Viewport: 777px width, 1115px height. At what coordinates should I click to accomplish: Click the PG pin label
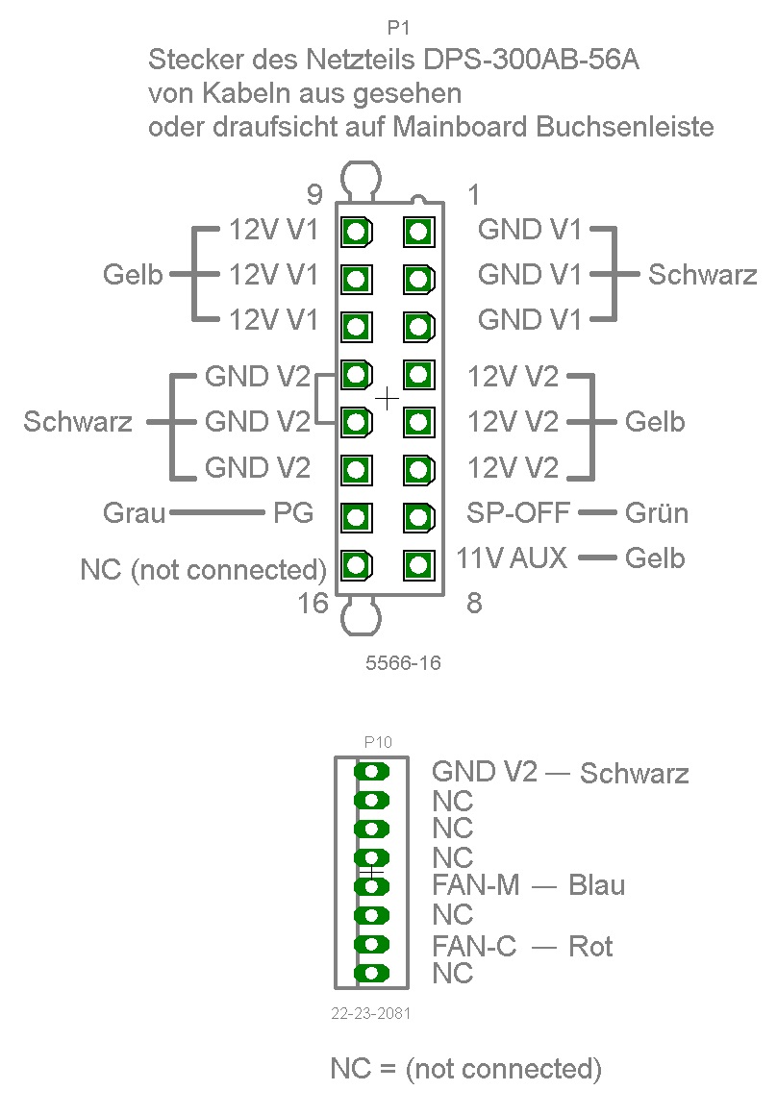293,513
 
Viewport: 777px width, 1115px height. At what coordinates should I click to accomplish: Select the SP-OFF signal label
518,512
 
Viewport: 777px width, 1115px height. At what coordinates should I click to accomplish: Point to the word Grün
657,513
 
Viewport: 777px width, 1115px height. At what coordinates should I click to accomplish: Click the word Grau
135,513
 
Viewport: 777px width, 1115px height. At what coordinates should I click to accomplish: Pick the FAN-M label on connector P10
476,884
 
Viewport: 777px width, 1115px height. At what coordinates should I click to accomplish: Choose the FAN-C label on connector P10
474,946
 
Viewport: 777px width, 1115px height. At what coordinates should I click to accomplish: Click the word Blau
596,884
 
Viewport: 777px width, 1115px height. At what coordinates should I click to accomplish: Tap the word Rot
590,946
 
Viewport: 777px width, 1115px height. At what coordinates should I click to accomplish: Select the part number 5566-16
403,662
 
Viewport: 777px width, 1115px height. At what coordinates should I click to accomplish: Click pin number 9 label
314,195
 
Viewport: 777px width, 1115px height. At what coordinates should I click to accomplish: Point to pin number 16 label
313,604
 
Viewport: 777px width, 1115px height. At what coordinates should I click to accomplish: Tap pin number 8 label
473,604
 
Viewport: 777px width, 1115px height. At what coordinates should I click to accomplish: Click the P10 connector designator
378,742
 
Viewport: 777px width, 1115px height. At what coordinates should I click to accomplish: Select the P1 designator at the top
398,29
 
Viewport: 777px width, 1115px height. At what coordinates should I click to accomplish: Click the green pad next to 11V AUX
417,564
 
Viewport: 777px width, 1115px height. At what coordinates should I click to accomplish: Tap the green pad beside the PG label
357,517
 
